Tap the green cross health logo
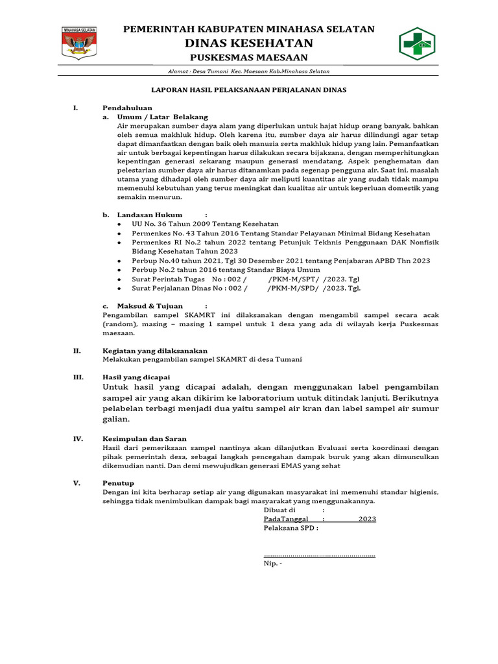[x=416, y=43]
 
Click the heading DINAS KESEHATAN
[x=249, y=43]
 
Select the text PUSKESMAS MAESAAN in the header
[x=249, y=58]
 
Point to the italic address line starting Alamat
[x=249, y=71]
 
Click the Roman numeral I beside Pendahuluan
[x=75, y=108]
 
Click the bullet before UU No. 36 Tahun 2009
[x=120, y=224]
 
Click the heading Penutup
[x=119, y=483]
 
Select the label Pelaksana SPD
[x=290, y=528]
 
